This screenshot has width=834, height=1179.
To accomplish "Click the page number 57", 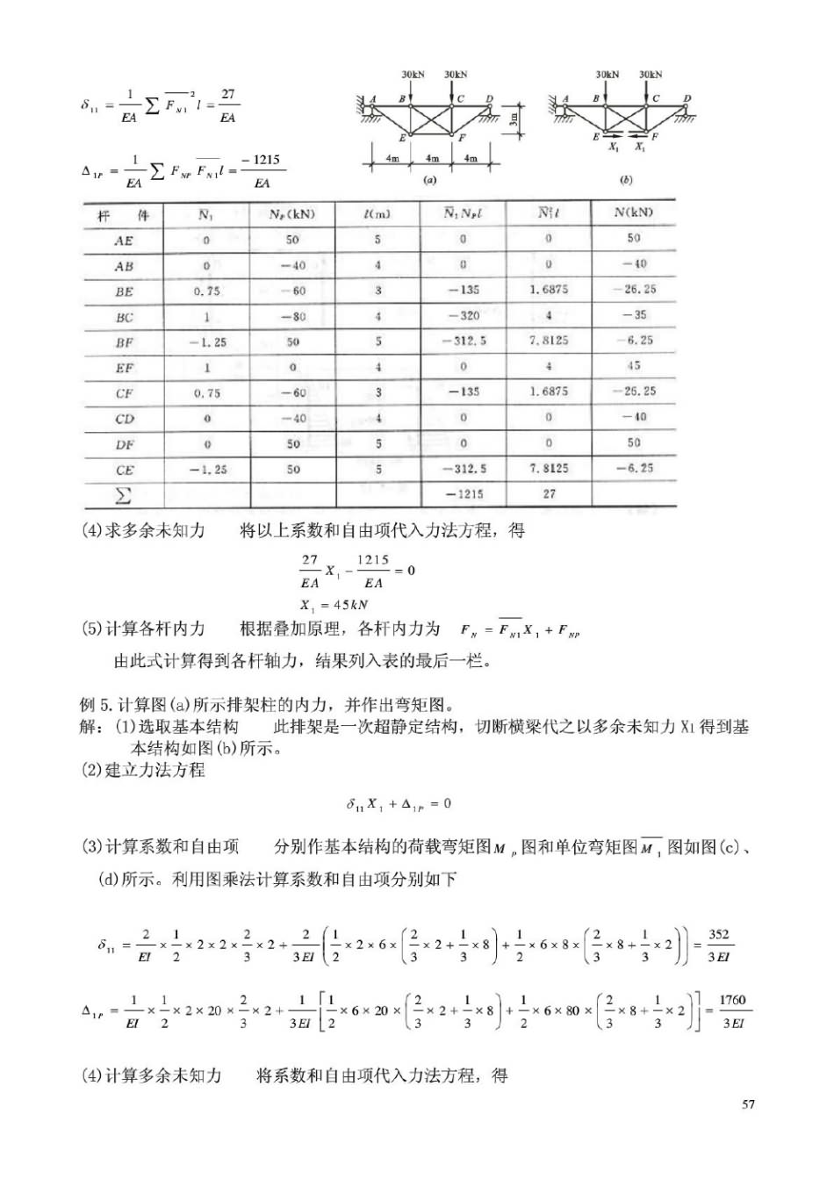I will coord(748,1104).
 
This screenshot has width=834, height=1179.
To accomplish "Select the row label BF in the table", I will coord(125,342).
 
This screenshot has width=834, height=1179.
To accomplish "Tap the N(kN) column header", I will coord(634,212).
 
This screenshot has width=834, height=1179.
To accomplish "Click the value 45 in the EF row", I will coord(634,366).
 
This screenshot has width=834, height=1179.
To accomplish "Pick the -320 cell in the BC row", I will coord(464,316).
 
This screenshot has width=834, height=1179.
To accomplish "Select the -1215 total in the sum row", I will coord(464,494).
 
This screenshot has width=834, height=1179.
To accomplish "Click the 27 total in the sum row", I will coord(549,494).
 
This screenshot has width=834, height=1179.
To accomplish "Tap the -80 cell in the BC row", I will coord(293,316).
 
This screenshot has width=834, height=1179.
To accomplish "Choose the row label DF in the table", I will coord(125,445).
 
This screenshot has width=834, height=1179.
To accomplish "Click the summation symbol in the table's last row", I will coord(123,496).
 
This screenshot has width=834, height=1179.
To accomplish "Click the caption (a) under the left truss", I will coord(430,180).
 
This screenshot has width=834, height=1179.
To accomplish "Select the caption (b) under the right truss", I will coord(626,180).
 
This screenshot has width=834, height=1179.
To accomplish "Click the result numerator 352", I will coord(718,935).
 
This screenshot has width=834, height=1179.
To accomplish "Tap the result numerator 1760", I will coord(731,1000).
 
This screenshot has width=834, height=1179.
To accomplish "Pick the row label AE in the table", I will coord(124,240).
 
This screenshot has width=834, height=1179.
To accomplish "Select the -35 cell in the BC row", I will coord(634,314).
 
